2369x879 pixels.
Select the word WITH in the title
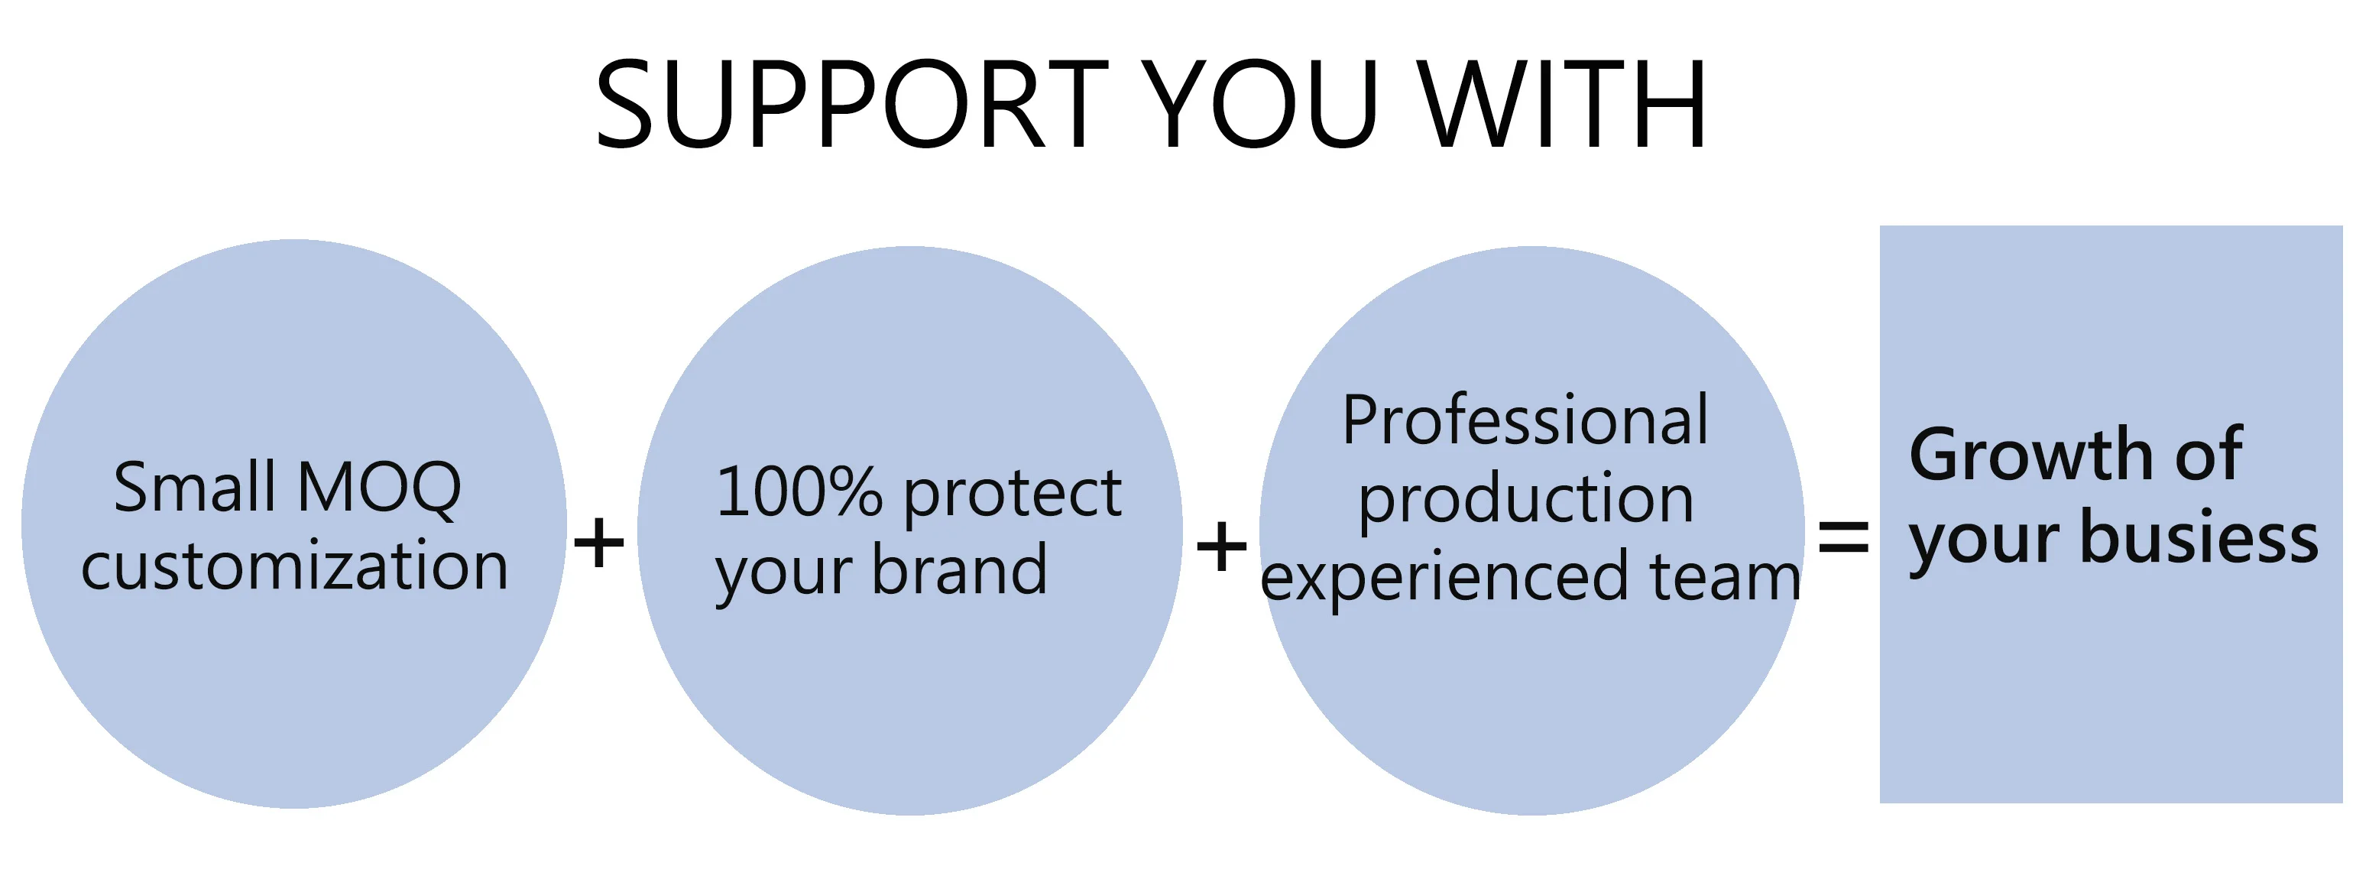coord(1561,103)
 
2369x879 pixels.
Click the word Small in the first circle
coord(194,488)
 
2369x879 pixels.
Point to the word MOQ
coord(379,488)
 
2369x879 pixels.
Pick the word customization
coord(294,566)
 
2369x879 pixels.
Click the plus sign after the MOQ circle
coord(598,543)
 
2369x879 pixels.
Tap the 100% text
coord(799,493)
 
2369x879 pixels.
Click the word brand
coord(959,570)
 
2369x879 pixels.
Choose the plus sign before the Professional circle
coord(1221,545)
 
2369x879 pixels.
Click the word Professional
coord(1525,420)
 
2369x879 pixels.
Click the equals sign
coord(1843,536)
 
